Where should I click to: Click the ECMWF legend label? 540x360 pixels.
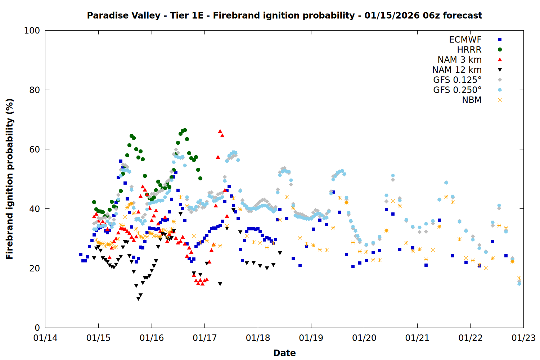[465, 40]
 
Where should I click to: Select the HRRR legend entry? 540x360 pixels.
[469, 50]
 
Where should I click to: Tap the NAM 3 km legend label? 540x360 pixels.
[459, 60]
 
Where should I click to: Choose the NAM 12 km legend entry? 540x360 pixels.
[457, 70]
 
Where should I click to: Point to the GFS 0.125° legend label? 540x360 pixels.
[457, 80]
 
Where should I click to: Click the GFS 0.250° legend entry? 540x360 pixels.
[457, 90]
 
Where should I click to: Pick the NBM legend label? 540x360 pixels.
[472, 100]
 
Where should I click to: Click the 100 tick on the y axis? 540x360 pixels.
[32, 31]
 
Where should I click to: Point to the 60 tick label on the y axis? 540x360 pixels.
[35, 149]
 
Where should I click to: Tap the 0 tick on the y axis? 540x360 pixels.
[37, 328]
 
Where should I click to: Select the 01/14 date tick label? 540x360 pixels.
[45, 338]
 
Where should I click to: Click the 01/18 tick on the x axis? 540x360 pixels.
[258, 338]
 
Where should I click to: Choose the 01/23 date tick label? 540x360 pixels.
[523, 338]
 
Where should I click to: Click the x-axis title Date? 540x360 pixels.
[284, 353]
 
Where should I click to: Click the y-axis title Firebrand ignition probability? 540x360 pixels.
[10, 179]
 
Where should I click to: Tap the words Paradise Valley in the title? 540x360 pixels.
[123, 15]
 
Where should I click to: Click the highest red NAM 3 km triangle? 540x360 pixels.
[220, 131]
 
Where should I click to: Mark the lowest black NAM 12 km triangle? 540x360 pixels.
[138, 299]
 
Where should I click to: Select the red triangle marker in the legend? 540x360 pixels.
[500, 60]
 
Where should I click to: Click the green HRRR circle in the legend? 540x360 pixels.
[500, 50]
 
